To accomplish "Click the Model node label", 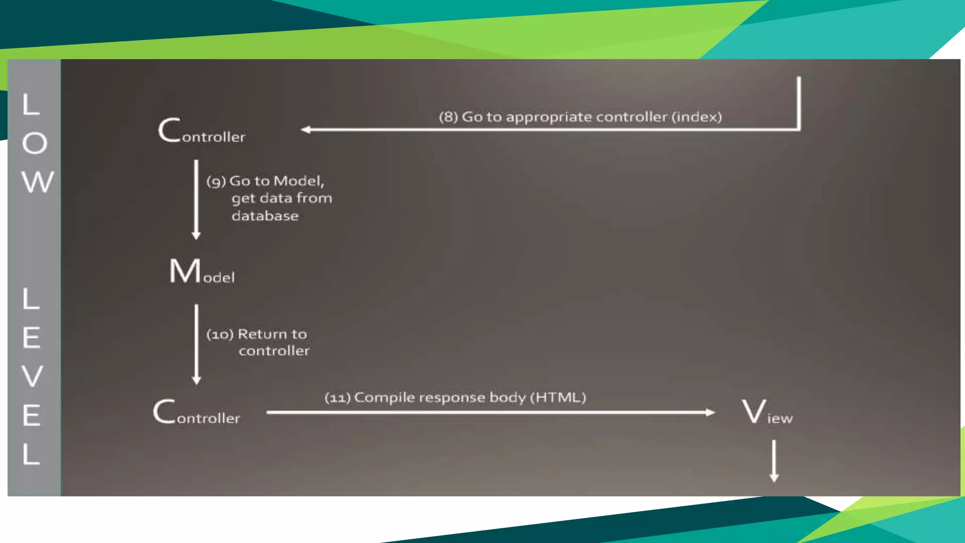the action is point(202,271).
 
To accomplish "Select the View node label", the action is point(767,412).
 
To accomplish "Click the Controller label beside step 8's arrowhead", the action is point(202,131).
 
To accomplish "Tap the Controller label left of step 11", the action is point(196,412).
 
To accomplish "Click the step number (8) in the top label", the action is point(448,117).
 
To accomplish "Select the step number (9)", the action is point(216,181).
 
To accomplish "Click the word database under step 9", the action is point(265,216).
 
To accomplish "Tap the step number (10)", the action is point(220,335).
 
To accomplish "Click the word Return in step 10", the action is point(262,334).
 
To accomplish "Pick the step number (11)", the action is point(337,398).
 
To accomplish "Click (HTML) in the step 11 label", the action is point(558,397).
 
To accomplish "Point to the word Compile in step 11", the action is point(384,398).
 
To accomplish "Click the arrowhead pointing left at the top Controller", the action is point(306,130).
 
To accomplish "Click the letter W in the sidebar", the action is point(38,182).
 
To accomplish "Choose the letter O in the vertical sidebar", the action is point(35,143).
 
